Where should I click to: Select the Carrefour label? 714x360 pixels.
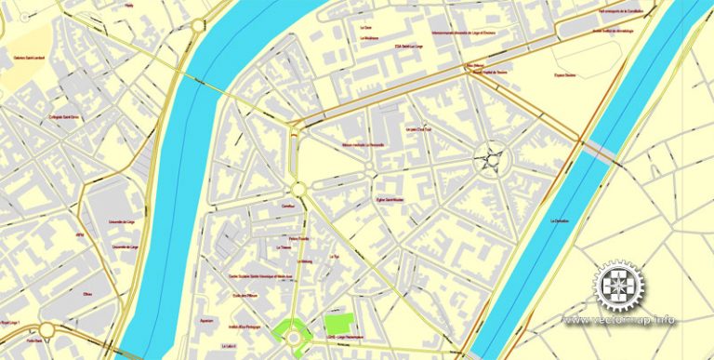(x=287, y=203)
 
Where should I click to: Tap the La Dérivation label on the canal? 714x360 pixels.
(x=559, y=220)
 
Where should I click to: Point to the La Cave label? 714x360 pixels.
(x=365, y=27)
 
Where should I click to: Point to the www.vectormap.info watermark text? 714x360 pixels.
(x=617, y=321)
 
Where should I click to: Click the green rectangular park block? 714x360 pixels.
(x=340, y=321)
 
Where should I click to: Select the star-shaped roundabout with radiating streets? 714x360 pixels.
(x=489, y=159)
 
